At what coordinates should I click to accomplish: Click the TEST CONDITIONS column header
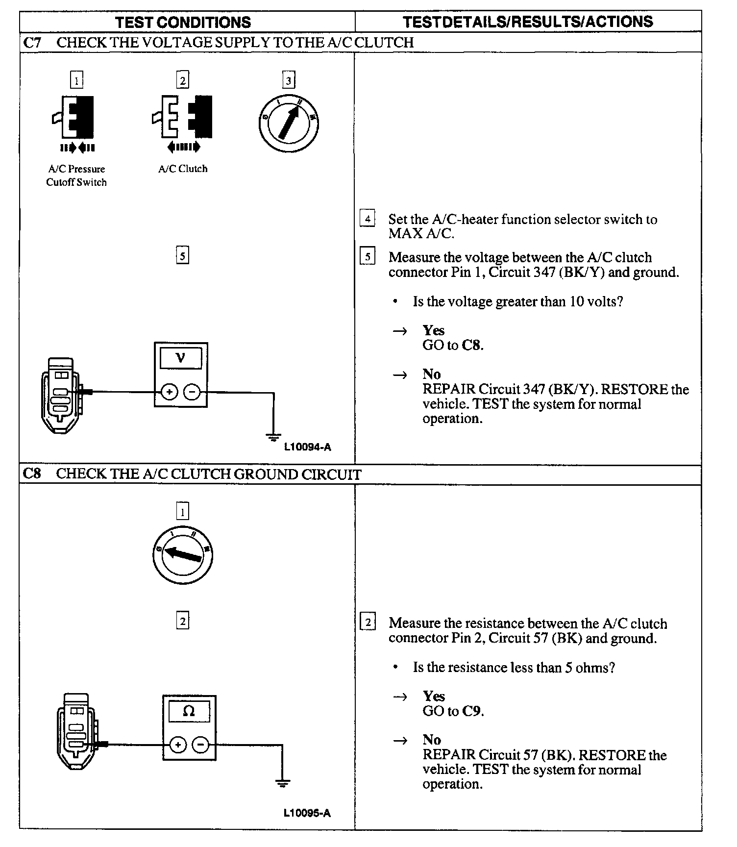click(183, 22)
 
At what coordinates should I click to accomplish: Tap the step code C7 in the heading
click(32, 43)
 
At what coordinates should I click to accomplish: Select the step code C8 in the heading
click(32, 474)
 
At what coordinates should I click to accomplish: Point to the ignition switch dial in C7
click(289, 122)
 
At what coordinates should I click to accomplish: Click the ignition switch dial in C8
click(182, 555)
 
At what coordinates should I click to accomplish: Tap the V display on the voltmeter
click(180, 358)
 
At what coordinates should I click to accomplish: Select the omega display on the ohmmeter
click(189, 711)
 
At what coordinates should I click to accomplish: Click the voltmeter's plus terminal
click(169, 392)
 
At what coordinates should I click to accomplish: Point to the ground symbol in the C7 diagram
click(273, 436)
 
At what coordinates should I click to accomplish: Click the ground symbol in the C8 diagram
click(282, 783)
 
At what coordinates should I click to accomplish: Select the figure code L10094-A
click(308, 447)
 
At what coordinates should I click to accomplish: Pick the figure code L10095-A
click(307, 813)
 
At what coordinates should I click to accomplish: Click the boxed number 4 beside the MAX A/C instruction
click(368, 218)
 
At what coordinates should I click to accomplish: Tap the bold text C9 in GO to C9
click(471, 711)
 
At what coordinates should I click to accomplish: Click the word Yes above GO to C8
click(434, 330)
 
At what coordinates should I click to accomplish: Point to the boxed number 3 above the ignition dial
click(289, 80)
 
